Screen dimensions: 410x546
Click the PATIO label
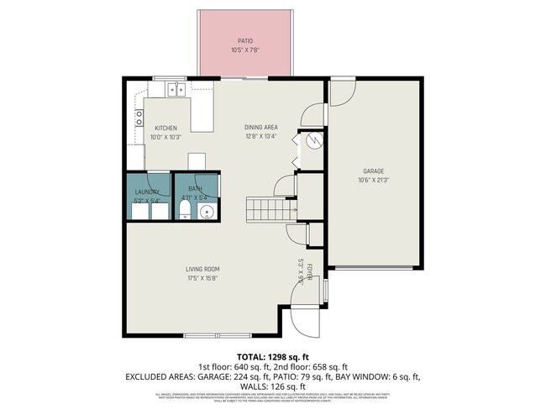point(244,40)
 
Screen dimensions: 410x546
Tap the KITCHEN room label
point(165,128)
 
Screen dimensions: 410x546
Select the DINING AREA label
point(260,128)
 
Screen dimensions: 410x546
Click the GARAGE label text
point(373,170)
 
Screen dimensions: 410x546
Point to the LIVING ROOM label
point(202,269)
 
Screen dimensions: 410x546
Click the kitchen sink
point(176,87)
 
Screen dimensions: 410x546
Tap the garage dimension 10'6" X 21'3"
point(373,179)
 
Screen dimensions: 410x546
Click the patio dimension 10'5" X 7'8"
point(244,50)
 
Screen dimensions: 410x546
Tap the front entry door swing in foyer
point(305,318)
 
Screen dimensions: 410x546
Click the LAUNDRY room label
point(147,192)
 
